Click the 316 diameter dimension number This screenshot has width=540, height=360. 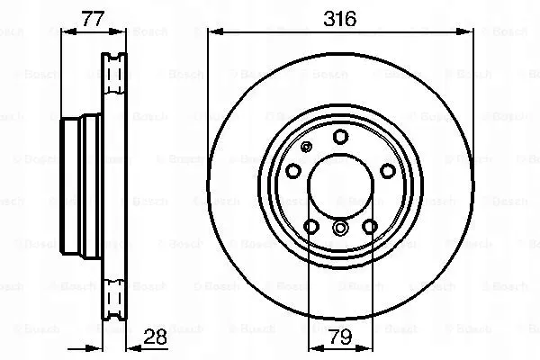point(340,17)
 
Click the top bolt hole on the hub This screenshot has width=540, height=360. point(340,137)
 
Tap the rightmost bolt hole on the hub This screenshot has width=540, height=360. point(386,171)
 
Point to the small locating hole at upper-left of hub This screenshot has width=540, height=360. point(306,148)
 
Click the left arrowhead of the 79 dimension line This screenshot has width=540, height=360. point(312,352)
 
